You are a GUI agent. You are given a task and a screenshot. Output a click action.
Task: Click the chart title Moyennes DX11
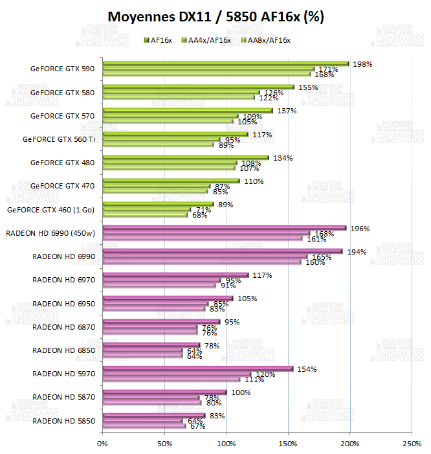215,17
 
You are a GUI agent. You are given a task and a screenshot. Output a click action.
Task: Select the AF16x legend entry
160,40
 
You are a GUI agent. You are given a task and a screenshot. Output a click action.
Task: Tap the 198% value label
362,64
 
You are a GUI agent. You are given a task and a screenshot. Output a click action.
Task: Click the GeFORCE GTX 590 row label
62,69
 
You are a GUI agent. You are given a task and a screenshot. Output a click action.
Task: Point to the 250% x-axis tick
412,444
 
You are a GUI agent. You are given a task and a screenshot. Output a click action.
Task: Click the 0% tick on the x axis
102,444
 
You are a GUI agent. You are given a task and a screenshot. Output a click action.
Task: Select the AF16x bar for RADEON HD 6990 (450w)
225,228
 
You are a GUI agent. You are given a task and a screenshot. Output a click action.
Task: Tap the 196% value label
361,229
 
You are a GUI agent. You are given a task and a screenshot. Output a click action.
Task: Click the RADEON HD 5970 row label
63,374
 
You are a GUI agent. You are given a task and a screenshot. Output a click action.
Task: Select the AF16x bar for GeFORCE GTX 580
198,87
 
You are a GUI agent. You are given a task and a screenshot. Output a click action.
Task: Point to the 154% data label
307,369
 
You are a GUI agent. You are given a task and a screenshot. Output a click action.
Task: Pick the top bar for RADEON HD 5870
164,392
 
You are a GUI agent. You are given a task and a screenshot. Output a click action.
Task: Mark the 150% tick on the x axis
288,444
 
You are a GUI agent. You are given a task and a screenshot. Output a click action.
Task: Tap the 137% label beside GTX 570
286,111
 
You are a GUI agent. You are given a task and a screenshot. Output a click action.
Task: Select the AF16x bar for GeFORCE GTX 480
185,157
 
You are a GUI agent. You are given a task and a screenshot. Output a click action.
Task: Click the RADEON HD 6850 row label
63,350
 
